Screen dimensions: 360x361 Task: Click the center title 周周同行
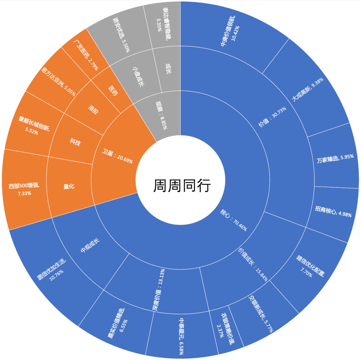(182, 186)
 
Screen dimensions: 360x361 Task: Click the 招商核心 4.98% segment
(333, 212)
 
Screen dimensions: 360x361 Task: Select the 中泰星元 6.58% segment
(182, 334)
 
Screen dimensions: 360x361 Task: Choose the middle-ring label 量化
(69, 187)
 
